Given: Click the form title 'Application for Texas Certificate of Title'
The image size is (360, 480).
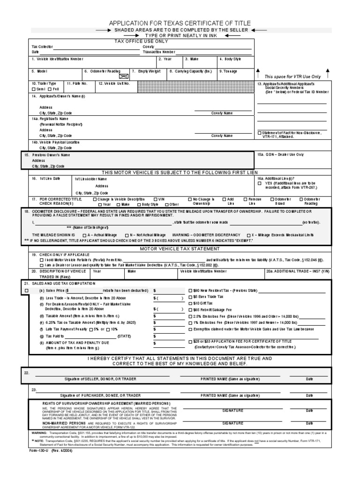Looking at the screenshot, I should click(x=180, y=23).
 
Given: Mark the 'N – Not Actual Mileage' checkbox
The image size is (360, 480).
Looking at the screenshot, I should click(x=127, y=234).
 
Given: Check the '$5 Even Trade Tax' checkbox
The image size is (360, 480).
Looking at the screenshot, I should click(x=190, y=297).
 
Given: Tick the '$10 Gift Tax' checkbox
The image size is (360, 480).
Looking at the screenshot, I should click(x=190, y=303).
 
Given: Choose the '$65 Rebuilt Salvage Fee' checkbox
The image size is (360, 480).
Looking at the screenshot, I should click(x=190, y=310).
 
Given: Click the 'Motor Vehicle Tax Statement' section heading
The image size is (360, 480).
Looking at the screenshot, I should click(x=180, y=248).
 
